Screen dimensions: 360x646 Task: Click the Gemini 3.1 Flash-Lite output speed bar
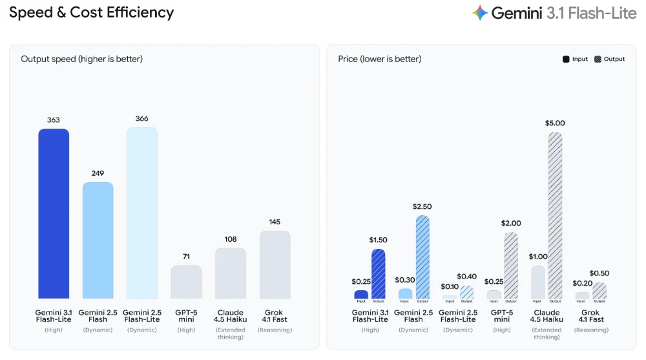point(54,213)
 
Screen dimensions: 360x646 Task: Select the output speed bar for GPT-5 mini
point(187,282)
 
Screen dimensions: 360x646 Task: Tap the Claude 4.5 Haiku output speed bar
point(231,273)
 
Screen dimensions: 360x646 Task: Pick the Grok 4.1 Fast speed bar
point(275,264)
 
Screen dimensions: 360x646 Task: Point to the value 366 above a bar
point(142,119)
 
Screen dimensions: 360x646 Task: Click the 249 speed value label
point(98,173)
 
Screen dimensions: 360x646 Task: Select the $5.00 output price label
point(555,123)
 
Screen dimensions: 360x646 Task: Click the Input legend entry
point(575,59)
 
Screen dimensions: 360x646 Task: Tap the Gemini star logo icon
point(480,13)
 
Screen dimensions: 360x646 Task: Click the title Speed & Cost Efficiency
point(91,12)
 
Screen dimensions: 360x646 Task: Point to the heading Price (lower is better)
point(380,59)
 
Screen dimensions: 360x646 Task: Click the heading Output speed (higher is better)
point(81,59)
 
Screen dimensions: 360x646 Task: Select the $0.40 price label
point(466,277)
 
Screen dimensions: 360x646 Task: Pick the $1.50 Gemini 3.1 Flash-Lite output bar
point(379,273)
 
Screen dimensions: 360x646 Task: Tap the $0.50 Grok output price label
point(599,273)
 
